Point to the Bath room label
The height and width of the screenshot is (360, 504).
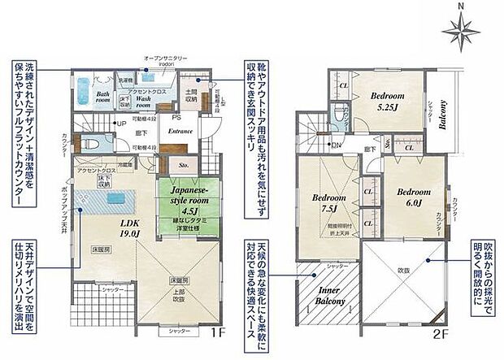pos(103,97)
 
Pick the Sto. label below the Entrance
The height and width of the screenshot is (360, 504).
pos(183,162)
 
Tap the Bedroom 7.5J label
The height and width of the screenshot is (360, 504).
pos(329,203)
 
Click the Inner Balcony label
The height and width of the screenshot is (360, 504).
pos(329,297)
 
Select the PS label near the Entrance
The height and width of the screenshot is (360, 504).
pos(176,116)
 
